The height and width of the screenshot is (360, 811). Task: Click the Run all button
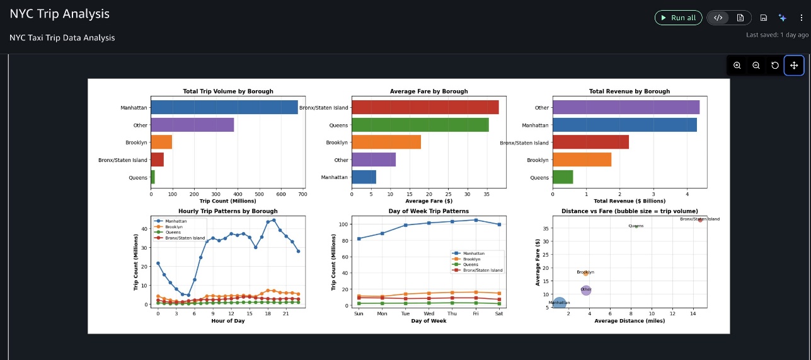point(678,18)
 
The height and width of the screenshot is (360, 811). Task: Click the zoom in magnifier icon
point(737,66)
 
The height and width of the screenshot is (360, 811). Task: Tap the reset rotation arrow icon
point(775,66)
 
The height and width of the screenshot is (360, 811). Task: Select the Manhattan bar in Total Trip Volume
point(224,108)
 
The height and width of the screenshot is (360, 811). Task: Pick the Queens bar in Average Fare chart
point(420,125)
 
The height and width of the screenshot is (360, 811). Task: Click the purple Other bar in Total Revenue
point(626,108)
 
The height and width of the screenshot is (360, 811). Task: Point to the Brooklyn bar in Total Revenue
point(582,160)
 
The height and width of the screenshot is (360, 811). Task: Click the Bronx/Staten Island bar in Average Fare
point(425,108)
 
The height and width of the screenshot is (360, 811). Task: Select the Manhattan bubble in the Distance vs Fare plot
point(560,303)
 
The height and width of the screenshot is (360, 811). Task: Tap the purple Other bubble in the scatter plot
point(586,290)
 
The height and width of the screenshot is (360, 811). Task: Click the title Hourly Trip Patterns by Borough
point(227,211)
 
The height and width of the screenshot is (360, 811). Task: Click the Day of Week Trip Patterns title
point(429,211)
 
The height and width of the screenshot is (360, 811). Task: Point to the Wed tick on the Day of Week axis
point(429,313)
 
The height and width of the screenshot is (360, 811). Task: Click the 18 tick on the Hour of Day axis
point(268,313)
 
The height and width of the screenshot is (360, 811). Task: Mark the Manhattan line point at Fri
point(476,220)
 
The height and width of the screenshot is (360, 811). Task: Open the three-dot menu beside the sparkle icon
point(802,18)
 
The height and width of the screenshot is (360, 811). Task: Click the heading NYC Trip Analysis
point(60,14)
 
